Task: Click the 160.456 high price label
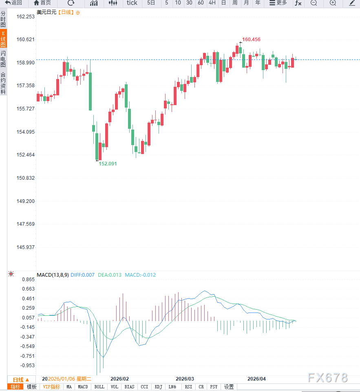251,40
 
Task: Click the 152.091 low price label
108,163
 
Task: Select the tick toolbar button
132,3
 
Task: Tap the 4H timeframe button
212,3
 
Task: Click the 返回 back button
13,3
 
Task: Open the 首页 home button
42,3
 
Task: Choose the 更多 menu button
278,3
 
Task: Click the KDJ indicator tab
159,387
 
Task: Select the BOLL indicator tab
99,387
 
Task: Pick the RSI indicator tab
188,387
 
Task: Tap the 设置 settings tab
229,387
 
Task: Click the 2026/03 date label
184,379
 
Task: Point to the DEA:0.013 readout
110,275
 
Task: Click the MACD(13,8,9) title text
53,275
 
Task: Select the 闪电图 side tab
3,59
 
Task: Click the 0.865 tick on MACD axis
28,280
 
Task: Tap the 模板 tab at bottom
31,387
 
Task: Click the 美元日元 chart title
46,12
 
